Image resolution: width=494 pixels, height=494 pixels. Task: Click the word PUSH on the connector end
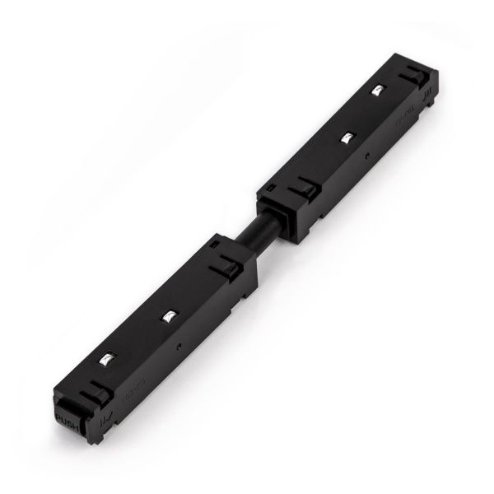click(x=66, y=418)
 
